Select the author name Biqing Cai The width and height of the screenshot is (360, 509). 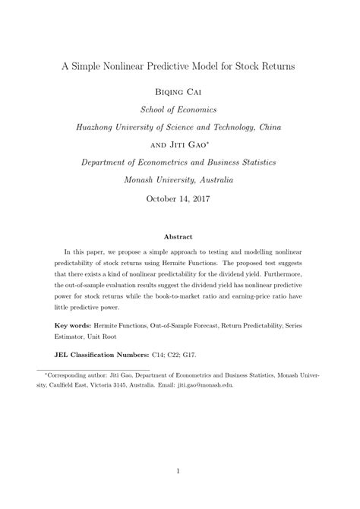[x=179, y=92]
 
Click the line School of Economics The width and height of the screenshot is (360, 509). [x=179, y=109]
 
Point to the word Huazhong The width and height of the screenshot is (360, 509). [x=103, y=127]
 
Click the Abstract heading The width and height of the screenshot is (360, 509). [x=180, y=236]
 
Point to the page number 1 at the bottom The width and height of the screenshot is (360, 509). [x=180, y=471]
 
